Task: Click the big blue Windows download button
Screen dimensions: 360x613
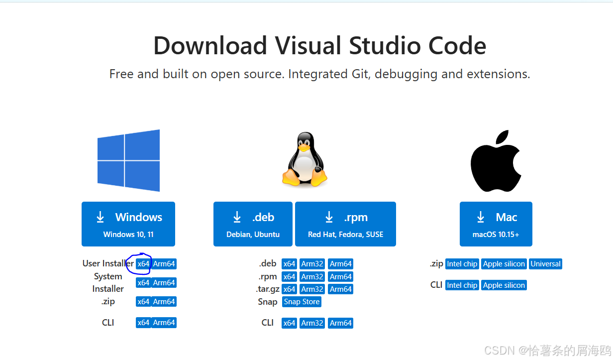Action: pos(128,224)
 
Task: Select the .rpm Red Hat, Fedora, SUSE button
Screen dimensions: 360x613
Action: pos(345,224)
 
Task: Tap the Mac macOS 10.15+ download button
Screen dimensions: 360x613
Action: pos(496,224)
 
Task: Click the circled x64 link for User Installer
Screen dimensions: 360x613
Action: pos(143,264)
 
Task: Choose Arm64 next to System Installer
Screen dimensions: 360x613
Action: pos(164,283)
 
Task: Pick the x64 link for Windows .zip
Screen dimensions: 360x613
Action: pos(143,302)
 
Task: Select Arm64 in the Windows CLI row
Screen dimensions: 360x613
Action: pos(164,323)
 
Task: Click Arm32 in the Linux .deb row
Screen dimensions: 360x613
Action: pos(312,264)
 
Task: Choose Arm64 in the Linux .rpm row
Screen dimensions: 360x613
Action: pos(341,277)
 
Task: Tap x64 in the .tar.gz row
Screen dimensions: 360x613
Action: pos(289,289)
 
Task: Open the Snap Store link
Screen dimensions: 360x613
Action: pos(302,302)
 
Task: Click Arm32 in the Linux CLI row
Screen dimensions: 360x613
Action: pos(312,323)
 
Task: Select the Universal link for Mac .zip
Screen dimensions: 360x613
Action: pos(545,264)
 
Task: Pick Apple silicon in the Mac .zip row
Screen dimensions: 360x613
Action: pos(504,264)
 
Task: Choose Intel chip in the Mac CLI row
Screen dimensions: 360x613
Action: pos(462,285)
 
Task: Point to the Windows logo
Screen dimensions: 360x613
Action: pos(128,160)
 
